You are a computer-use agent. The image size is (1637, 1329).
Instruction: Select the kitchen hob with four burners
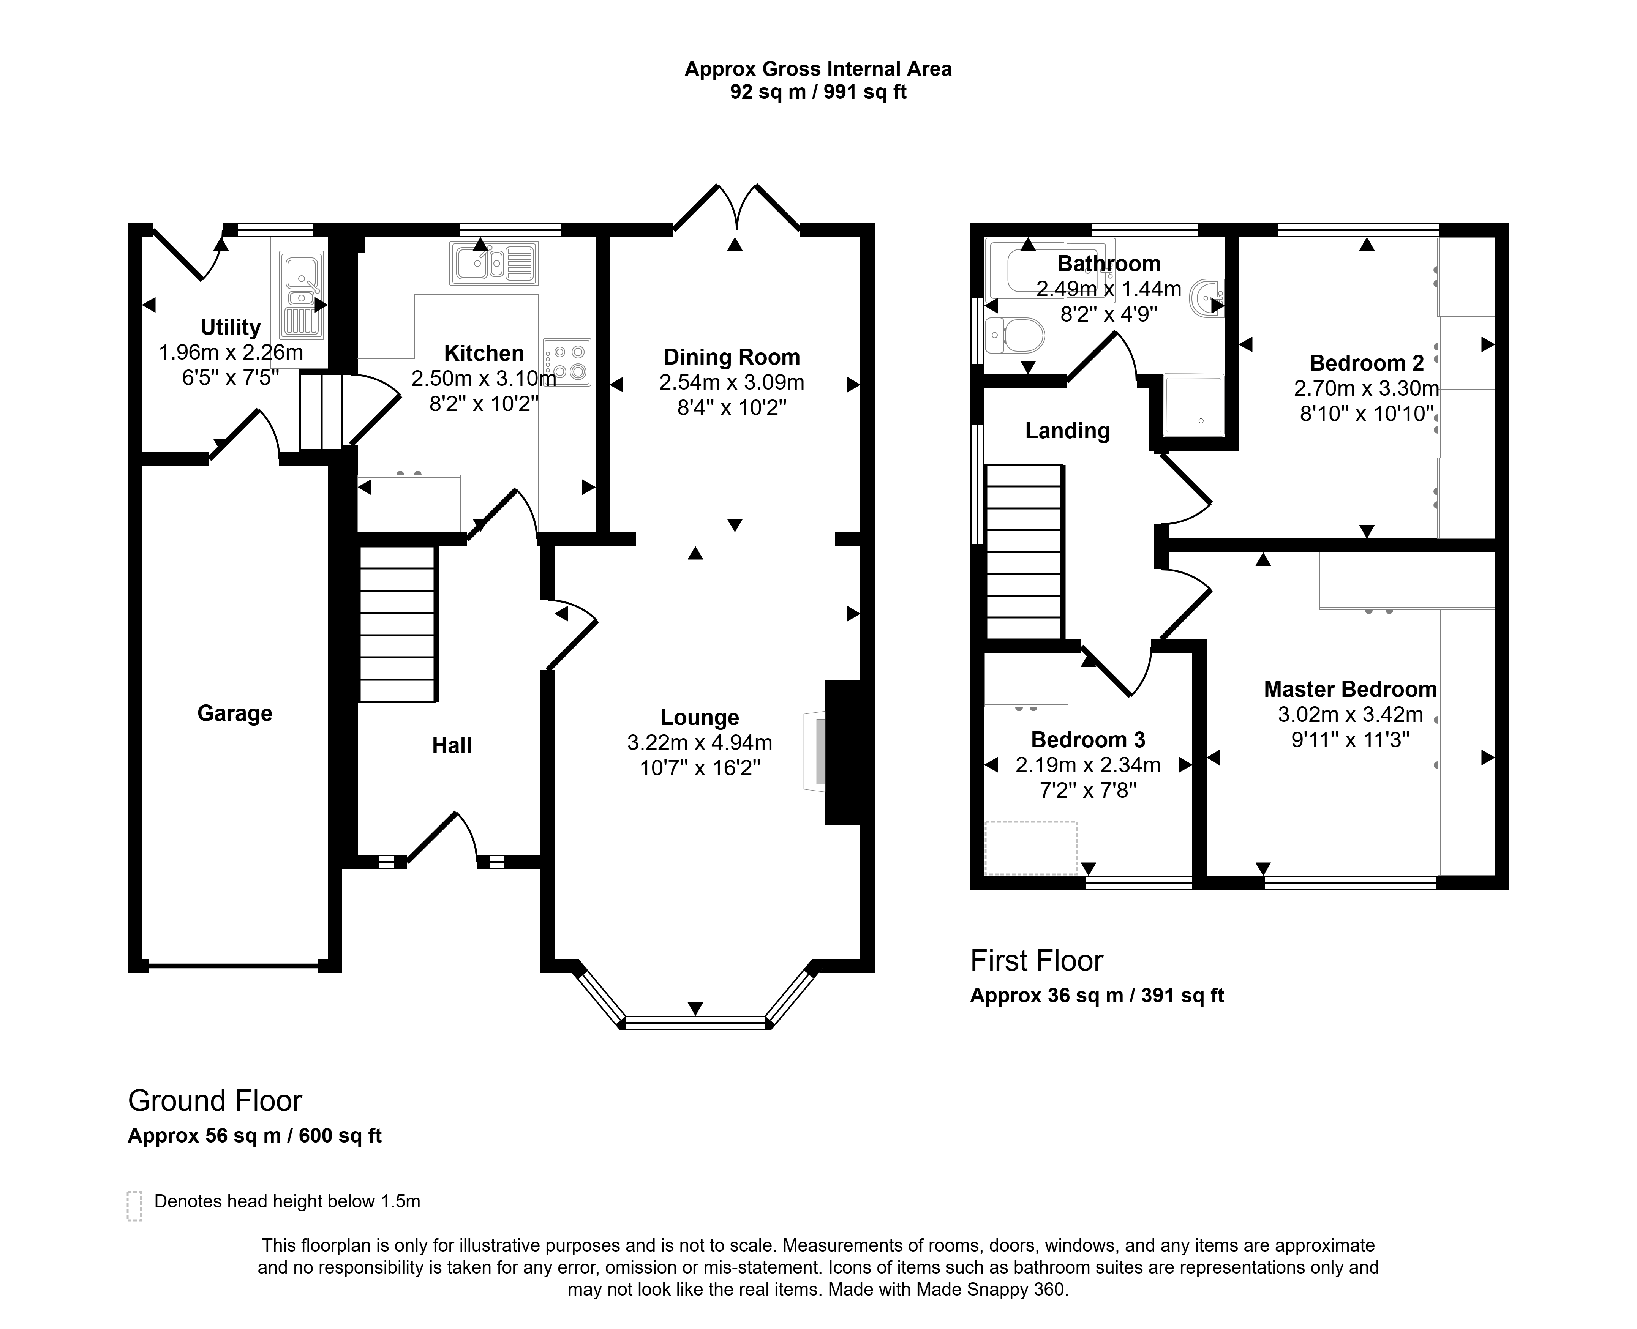pos(567,362)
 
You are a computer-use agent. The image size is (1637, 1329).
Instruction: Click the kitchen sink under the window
pos(494,264)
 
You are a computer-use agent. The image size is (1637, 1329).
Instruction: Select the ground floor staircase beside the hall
pos(398,623)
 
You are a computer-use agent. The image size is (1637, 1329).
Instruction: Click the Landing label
pos(1067,431)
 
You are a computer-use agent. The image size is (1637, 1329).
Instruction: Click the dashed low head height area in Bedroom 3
pos(1030,848)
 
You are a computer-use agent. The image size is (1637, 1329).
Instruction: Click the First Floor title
pos(1037,961)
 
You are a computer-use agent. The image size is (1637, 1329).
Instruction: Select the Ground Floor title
pos(215,1101)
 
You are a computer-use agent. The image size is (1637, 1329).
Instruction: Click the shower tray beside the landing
pos(1192,404)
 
